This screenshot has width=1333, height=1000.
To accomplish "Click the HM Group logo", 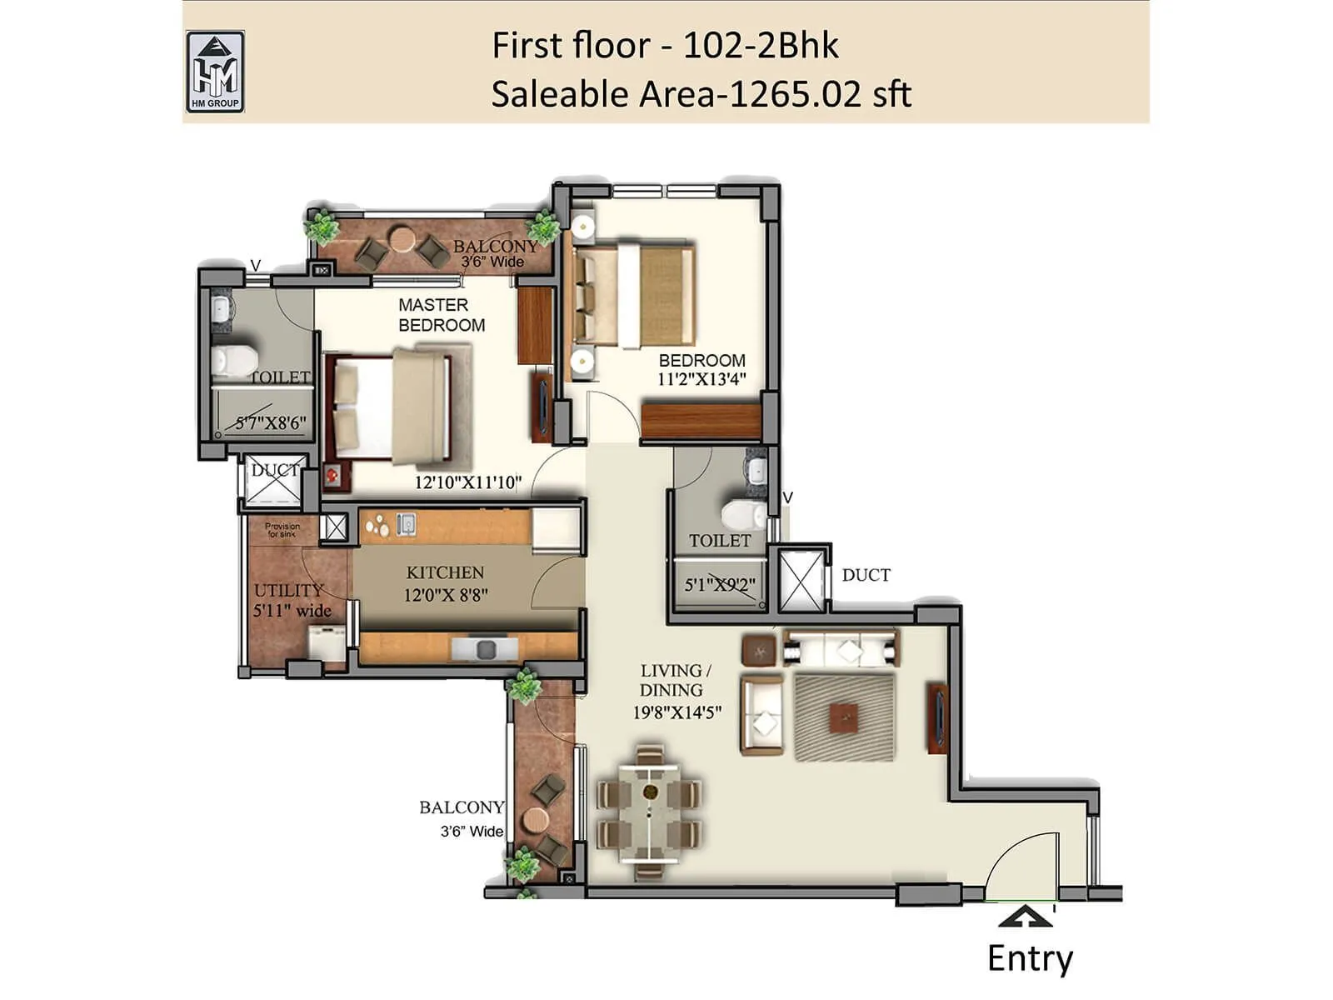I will tap(215, 72).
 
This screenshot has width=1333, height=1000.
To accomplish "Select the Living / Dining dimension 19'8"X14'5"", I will tap(676, 712).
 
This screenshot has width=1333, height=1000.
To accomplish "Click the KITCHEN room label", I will tap(445, 572).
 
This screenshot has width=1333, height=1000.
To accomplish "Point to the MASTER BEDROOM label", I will tap(441, 315).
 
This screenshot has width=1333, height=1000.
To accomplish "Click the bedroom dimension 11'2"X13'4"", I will tap(701, 380).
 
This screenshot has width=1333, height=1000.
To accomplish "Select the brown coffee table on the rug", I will tap(845, 717).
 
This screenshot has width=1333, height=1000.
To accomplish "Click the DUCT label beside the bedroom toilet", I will tap(866, 575).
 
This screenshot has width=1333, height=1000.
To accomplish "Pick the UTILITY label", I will tap(288, 590).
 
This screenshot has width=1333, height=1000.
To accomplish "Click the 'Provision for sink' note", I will tap(282, 530).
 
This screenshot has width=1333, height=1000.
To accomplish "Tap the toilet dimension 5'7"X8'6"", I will tap(270, 423).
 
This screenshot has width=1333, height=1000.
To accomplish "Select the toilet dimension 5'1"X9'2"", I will tap(720, 585).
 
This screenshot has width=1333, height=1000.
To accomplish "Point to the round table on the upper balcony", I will tap(402, 239).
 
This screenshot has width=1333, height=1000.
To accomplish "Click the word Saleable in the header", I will tap(559, 94).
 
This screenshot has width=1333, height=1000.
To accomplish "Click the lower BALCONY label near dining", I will tap(461, 807).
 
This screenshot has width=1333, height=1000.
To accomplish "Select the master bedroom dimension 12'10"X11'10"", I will tap(467, 482).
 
